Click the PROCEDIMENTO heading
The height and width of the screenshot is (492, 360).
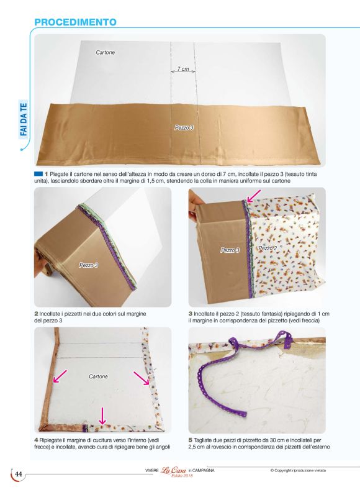coord(75,22)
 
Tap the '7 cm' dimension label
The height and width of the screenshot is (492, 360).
coord(183,68)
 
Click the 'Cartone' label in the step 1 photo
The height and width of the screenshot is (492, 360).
coord(106,52)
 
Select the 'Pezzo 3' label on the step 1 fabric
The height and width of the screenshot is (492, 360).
coord(184,128)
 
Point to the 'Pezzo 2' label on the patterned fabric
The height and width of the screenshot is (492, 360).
coord(268,248)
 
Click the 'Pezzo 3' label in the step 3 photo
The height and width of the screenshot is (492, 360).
coord(230,250)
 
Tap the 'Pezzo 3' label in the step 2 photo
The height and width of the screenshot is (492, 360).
coord(88,265)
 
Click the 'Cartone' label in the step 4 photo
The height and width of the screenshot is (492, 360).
coord(98,376)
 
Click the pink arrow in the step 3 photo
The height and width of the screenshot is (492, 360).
coord(254,196)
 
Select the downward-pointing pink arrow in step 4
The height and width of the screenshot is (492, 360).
coord(102,416)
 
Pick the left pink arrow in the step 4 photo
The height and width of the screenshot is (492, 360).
coord(60,376)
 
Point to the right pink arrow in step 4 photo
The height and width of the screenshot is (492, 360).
coord(142,378)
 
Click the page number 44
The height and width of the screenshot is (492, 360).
coord(19,474)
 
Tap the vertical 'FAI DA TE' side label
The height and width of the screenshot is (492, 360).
coord(24,119)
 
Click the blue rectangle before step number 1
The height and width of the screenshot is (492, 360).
coord(38,173)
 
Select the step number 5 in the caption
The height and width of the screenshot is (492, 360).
coord(191,440)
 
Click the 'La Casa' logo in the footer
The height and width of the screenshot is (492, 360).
coord(173,470)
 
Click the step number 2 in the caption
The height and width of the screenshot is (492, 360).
coord(36,314)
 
